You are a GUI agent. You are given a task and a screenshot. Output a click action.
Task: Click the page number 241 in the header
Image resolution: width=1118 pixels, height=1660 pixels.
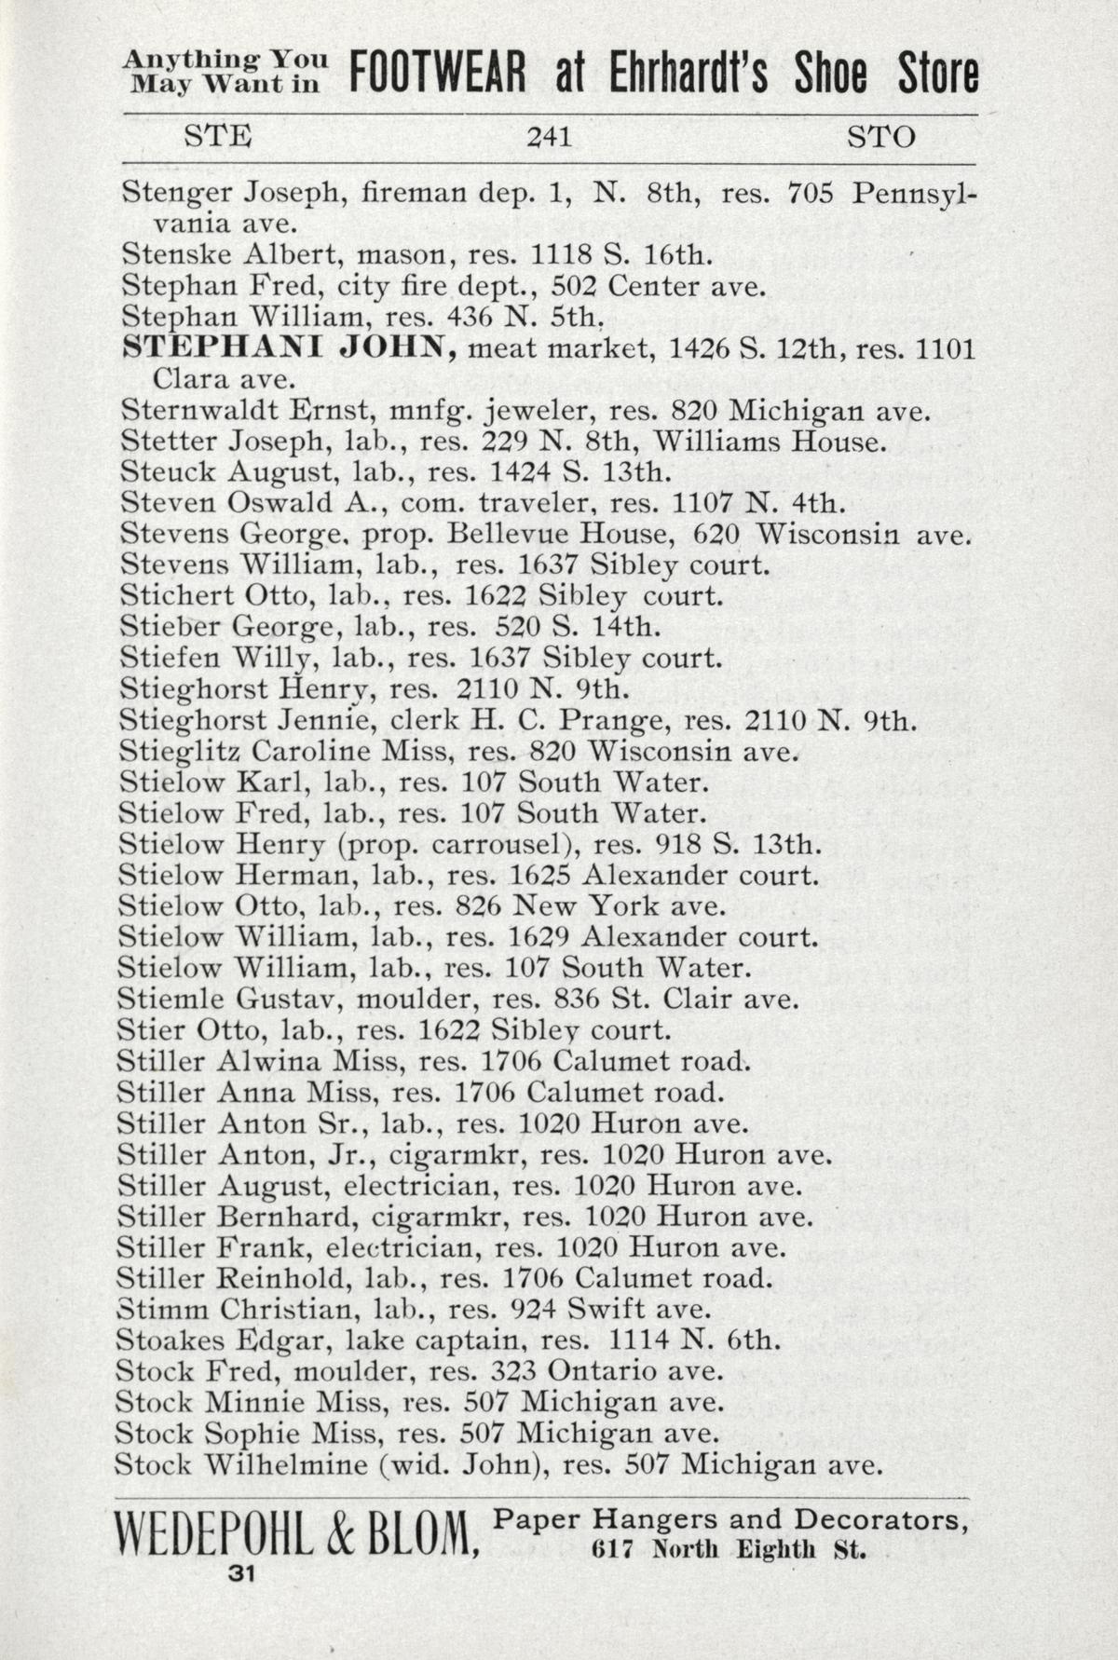pos(548,138)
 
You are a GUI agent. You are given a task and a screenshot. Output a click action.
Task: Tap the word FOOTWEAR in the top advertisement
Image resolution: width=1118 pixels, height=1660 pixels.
pos(438,73)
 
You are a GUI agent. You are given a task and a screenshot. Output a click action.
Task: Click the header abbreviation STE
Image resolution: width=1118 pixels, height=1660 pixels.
pos(218,138)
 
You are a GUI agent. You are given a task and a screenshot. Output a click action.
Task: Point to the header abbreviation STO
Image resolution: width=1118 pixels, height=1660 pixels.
pos(880,138)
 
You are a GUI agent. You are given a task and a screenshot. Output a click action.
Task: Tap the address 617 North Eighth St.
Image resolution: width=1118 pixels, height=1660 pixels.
pos(729,1552)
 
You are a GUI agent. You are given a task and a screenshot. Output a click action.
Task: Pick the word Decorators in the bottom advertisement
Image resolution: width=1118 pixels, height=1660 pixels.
pos(877,1520)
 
